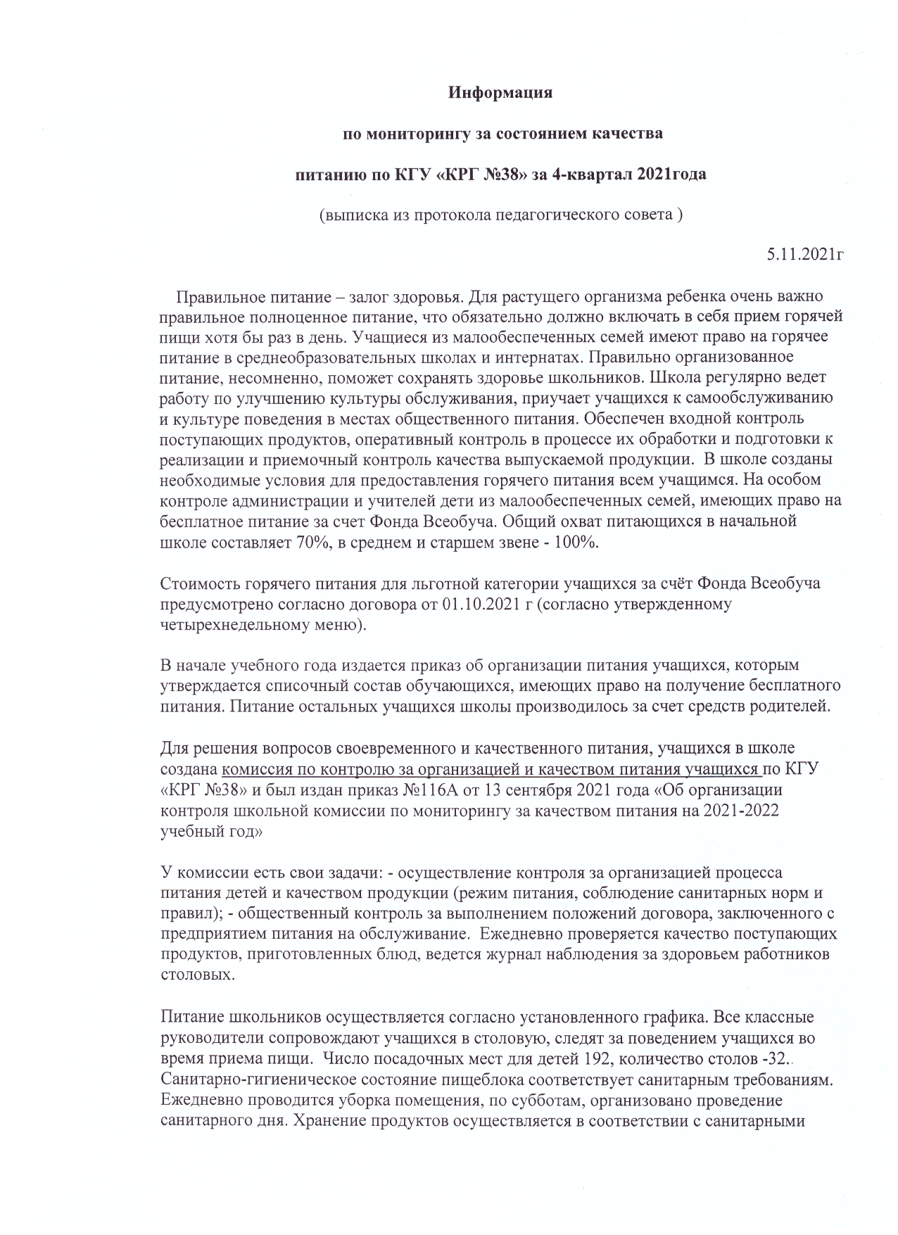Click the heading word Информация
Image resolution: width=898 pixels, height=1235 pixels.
point(500,92)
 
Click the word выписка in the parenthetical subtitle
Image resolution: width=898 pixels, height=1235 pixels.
point(352,215)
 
